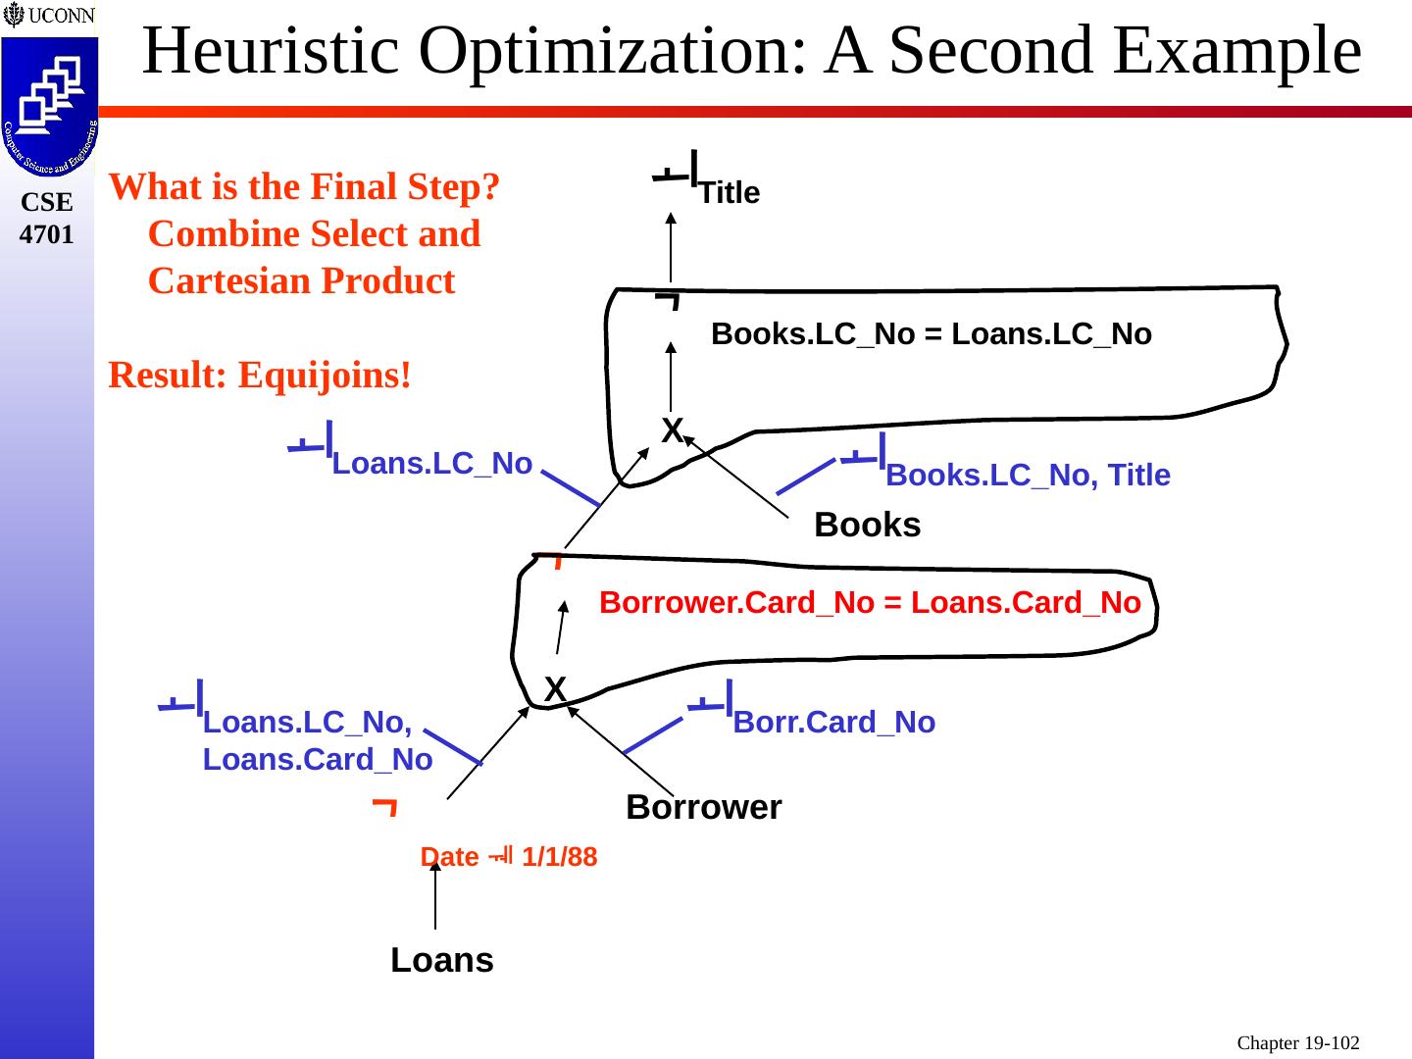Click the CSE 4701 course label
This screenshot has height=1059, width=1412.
[46, 219]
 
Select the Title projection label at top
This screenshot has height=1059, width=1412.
[729, 193]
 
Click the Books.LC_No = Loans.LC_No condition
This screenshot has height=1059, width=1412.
[931, 334]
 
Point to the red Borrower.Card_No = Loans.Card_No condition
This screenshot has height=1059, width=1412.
[870, 602]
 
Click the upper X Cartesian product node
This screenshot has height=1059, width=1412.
[672, 429]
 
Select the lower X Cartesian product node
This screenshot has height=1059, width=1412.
[555, 689]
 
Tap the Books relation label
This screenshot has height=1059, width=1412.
[867, 526]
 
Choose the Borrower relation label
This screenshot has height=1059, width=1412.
[703, 807]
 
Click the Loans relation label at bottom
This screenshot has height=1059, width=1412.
[441, 960]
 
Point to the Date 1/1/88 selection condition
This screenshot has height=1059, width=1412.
[508, 857]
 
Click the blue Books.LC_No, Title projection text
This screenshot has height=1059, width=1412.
[1028, 476]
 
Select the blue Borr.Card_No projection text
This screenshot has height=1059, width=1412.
[833, 723]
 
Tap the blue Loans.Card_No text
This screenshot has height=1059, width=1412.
[318, 760]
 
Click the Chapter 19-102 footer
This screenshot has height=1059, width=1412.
[1298, 1042]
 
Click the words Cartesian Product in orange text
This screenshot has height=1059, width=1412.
[301, 281]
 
